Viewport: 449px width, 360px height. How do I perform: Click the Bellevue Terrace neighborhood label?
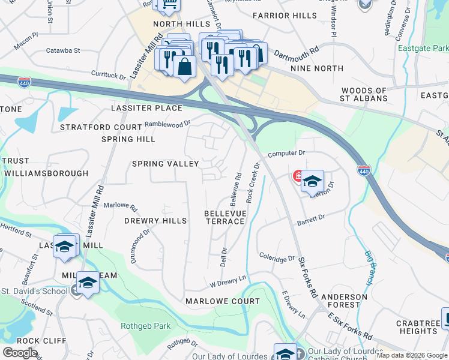[224, 217]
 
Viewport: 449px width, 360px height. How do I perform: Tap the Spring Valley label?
[165, 164]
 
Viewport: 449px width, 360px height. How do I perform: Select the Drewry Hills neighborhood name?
[155, 221]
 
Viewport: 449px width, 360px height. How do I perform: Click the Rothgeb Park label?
[146, 326]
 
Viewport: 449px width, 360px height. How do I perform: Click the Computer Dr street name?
[286, 154]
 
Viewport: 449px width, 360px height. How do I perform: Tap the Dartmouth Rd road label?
[297, 54]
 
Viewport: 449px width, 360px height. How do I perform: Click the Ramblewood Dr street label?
[167, 124]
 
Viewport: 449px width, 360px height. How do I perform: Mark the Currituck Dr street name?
[108, 77]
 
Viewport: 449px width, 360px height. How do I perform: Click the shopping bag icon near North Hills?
[184, 66]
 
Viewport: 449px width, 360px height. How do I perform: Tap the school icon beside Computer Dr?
[312, 181]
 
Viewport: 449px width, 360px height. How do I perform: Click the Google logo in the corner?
[20, 352]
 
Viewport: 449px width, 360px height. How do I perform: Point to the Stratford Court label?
[100, 127]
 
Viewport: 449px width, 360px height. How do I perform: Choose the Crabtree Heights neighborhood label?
[418, 328]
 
